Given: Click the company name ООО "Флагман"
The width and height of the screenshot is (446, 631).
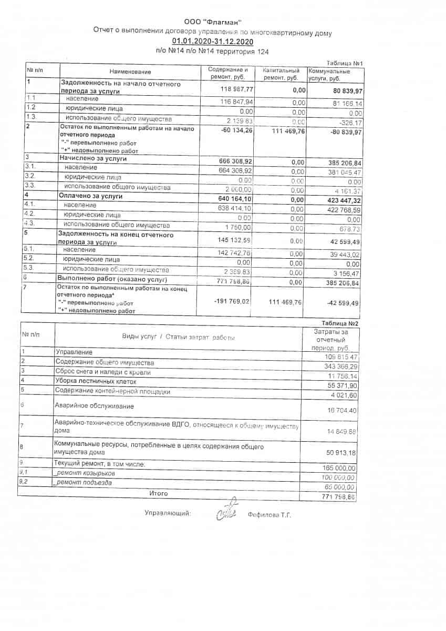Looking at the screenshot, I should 213,22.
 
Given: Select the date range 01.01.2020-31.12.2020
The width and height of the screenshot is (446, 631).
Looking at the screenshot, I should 213,42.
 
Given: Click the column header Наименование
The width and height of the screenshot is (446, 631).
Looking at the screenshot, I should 130,72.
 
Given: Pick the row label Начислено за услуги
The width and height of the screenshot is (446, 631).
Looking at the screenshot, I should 94,158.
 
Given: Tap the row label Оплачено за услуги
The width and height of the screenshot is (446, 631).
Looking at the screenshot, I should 91,196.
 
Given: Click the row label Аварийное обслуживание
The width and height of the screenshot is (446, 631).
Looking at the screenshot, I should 94,406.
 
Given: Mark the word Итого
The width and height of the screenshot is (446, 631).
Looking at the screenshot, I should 159,494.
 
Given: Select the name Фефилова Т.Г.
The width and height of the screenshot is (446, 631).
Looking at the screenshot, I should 269,515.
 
